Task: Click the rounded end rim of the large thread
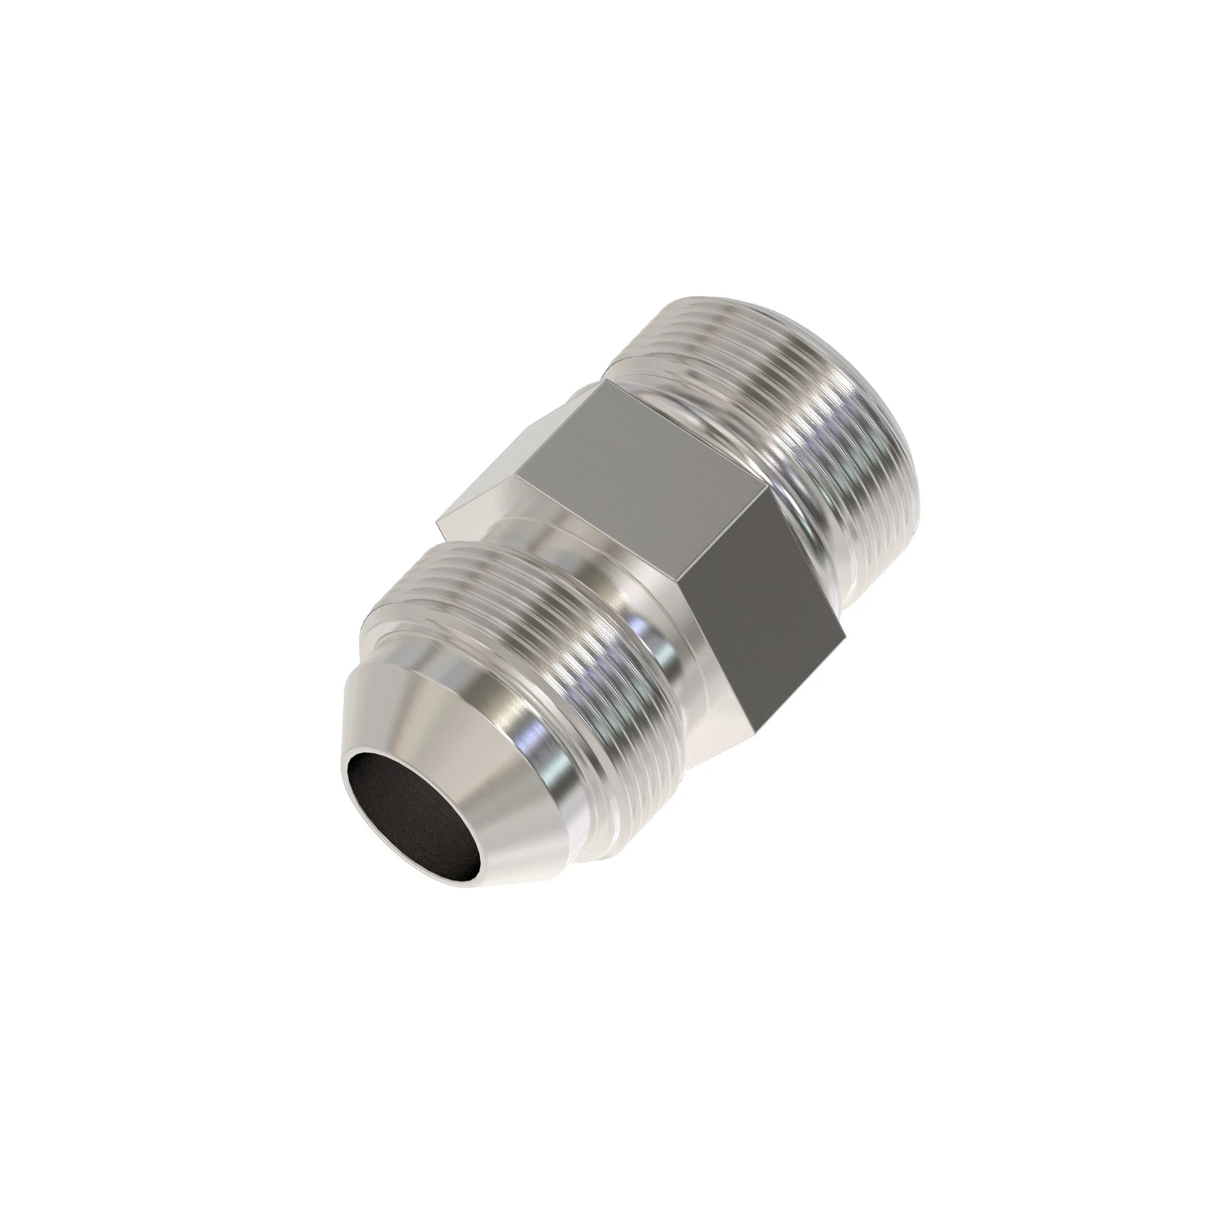coord(885,405)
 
